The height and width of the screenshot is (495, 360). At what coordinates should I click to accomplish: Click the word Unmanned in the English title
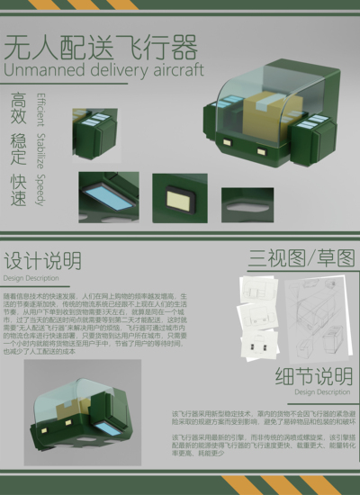(x=40, y=70)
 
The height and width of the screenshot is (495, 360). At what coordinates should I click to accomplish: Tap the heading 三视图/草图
(x=301, y=258)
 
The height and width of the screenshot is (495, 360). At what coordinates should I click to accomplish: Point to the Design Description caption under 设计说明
(x=31, y=278)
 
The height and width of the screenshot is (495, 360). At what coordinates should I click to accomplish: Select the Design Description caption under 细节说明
(x=322, y=392)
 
